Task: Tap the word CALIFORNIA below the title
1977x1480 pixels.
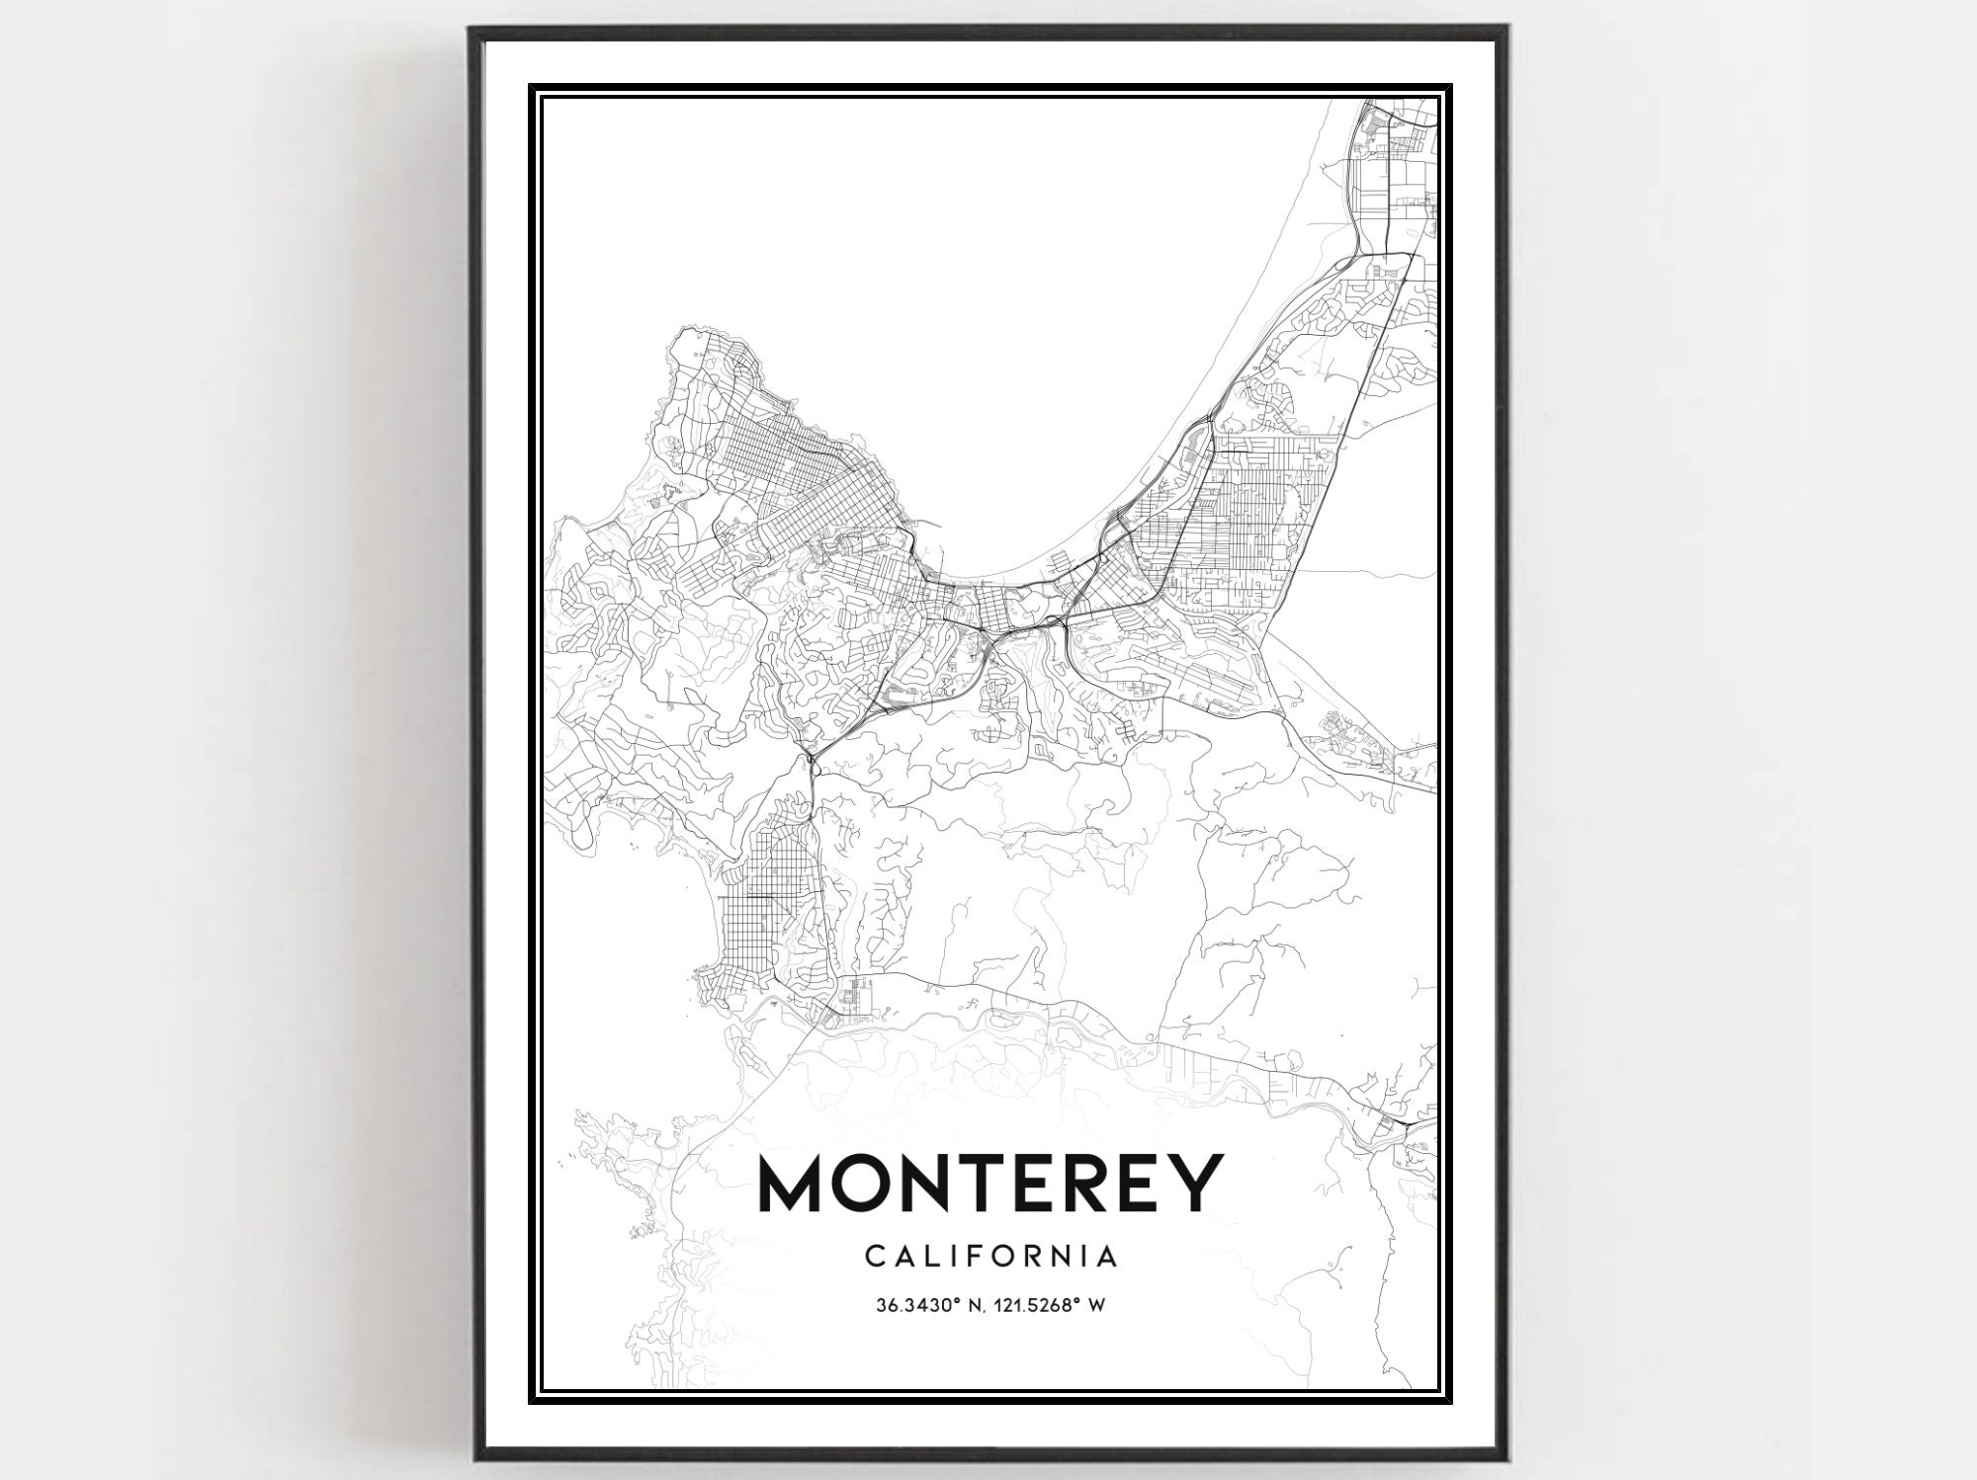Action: [x=991, y=1257]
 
